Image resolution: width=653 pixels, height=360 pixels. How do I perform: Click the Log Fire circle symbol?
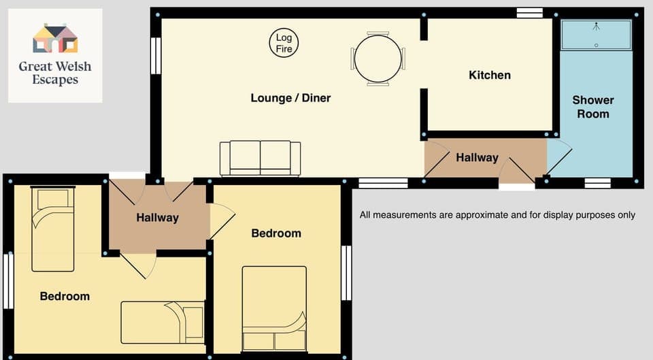click(x=284, y=44)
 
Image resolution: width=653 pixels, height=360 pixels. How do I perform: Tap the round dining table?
click(x=378, y=59)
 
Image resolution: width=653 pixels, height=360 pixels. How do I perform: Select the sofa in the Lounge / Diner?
click(x=260, y=159)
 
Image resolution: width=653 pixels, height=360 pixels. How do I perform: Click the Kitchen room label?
click(x=489, y=75)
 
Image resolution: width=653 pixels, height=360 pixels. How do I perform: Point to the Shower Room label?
click(x=592, y=107)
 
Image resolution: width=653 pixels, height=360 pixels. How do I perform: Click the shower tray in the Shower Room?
click(x=596, y=35)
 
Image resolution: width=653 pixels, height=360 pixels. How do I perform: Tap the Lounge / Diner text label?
click(x=290, y=98)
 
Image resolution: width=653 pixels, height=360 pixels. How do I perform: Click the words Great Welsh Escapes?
click(x=55, y=73)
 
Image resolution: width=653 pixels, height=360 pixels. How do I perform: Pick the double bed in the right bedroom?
click(x=274, y=308)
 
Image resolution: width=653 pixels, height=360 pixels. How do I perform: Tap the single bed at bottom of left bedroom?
click(x=163, y=322)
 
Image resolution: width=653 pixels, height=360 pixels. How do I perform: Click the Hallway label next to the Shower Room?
click(x=477, y=157)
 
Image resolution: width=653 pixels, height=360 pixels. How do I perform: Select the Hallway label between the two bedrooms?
click(x=157, y=218)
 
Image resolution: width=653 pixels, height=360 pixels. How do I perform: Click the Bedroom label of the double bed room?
click(x=275, y=233)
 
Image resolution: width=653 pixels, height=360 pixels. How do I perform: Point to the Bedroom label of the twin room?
click(x=65, y=296)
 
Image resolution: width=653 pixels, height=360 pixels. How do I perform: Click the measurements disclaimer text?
click(x=497, y=215)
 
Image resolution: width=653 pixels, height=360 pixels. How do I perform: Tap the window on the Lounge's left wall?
click(x=156, y=56)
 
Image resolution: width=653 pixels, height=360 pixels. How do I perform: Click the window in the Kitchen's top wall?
click(x=529, y=12)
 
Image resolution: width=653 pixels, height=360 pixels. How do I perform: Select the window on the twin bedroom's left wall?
click(x=8, y=281)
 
